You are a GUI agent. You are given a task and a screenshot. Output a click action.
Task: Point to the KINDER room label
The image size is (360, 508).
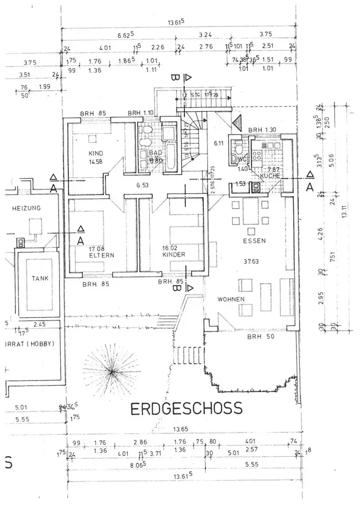coord(174,255)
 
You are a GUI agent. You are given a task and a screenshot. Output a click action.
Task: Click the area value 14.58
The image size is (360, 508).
coord(96,162)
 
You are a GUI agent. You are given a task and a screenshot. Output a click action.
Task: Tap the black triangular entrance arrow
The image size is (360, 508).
coord(236,123)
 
